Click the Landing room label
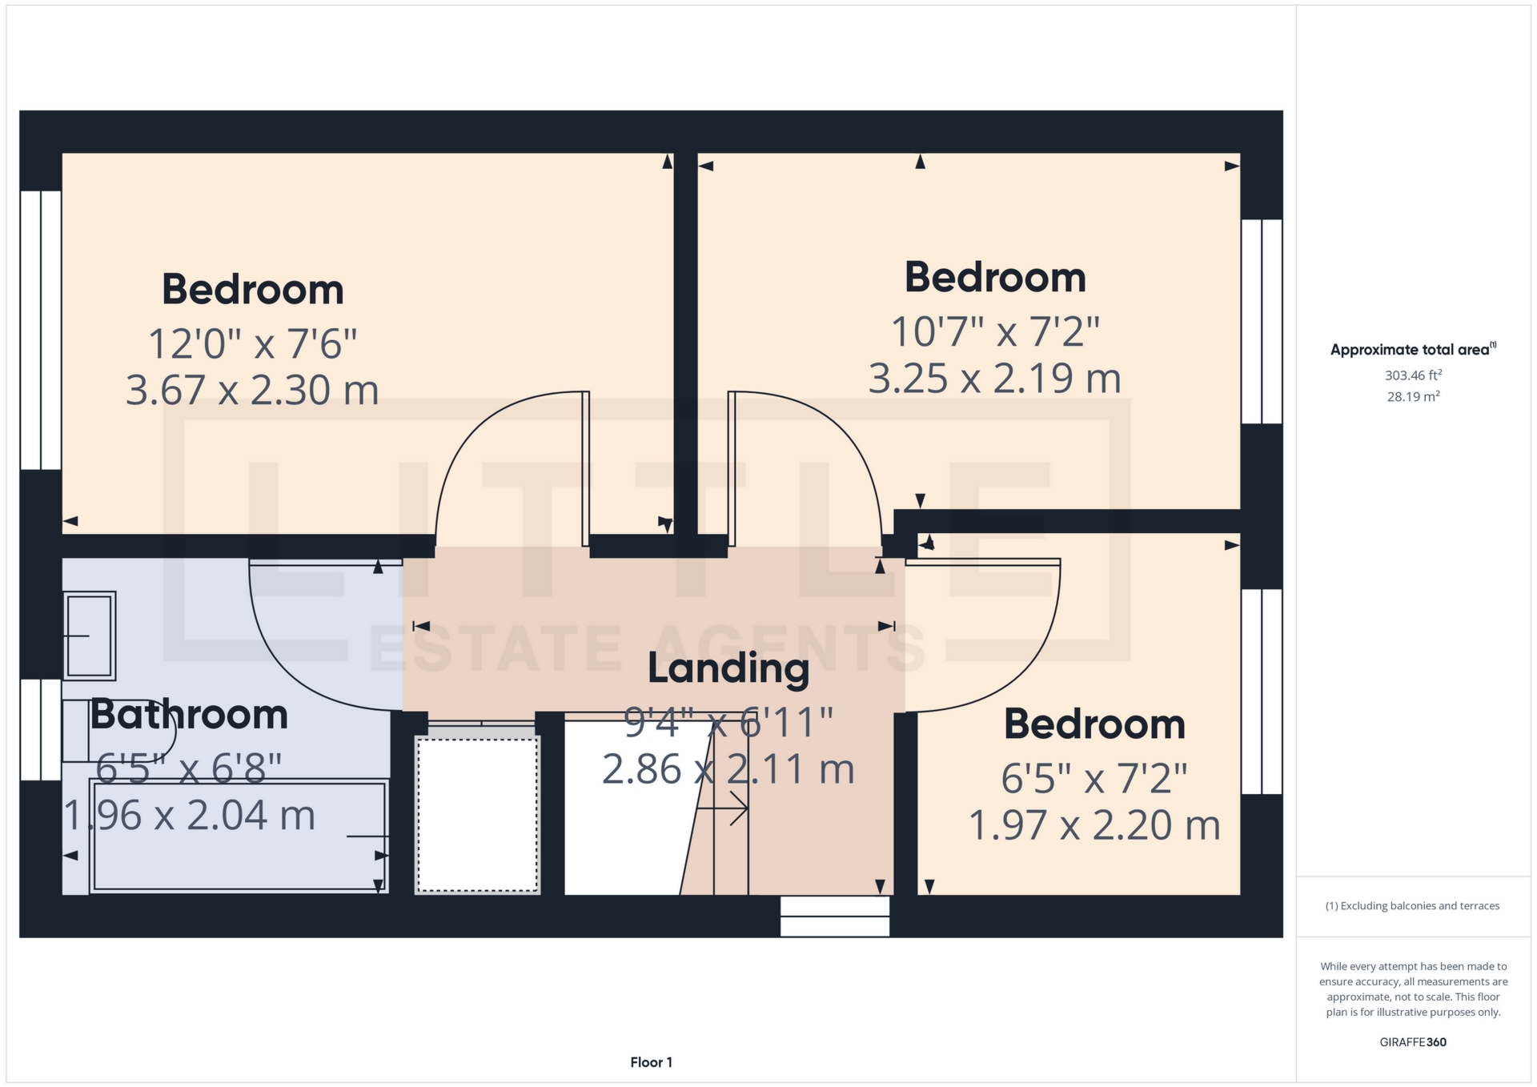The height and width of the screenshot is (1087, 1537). tap(728, 668)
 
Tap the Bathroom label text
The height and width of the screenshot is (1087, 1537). tap(189, 715)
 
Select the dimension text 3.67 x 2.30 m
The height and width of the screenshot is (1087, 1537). tap(252, 391)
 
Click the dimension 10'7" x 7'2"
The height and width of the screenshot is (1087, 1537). tap(995, 331)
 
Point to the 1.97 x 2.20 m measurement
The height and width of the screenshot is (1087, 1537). tap(1094, 825)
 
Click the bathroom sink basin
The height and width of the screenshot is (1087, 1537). tap(90, 636)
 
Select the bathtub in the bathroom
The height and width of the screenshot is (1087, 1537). tap(239, 836)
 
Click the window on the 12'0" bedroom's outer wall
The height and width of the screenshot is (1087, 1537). tap(40, 330)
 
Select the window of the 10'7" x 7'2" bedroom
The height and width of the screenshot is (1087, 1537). tap(1262, 321)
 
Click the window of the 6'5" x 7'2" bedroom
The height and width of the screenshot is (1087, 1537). tap(1262, 692)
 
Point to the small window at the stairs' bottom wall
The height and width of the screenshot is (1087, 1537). tap(834, 917)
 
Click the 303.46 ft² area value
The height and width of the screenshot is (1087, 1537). tap(1413, 375)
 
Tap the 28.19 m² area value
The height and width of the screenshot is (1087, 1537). tap(1413, 396)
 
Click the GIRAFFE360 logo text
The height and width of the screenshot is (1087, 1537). tap(1413, 1042)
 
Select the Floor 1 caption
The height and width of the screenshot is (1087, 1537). tap(651, 1062)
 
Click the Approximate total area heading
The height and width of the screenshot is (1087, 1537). tap(1411, 350)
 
